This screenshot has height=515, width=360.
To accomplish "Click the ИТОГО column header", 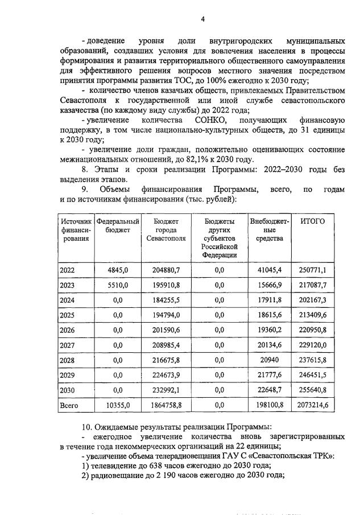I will tap(312, 221).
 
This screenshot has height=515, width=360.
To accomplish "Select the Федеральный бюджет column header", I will tap(118, 225).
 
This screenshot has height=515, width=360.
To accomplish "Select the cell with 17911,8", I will tap(270, 300).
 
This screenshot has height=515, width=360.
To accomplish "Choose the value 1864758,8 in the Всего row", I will tap(168, 405).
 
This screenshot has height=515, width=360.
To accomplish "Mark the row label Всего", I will tap(69, 405).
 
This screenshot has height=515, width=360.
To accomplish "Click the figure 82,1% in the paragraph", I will tap(214, 159).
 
